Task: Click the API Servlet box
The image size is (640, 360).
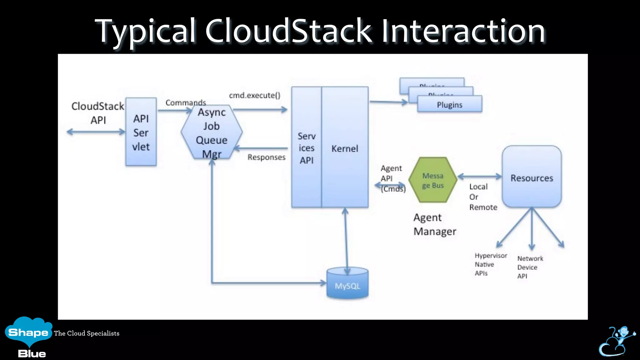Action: (141, 132)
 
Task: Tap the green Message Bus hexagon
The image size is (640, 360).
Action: (433, 180)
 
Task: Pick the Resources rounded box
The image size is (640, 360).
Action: (532, 177)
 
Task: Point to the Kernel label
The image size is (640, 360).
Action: (345, 148)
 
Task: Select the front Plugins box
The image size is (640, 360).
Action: (450, 105)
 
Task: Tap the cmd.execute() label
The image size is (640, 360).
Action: (255, 95)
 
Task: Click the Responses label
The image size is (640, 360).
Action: (267, 157)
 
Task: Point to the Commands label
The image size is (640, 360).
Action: (186, 102)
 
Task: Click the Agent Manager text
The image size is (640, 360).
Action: (434, 224)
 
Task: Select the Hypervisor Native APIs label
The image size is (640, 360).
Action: (490, 264)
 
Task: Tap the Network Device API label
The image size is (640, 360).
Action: (530, 267)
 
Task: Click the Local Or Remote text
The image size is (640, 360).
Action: (482, 197)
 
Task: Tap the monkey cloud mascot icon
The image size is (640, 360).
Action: (617, 341)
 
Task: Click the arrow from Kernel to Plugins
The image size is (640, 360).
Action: (388, 102)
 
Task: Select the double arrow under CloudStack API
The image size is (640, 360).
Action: (96, 132)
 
